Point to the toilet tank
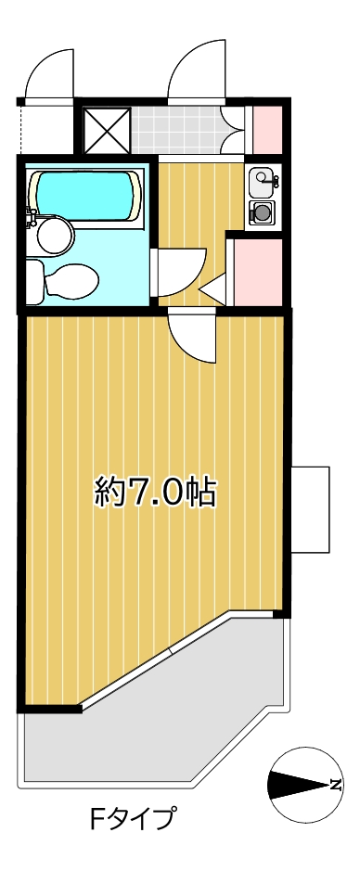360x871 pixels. pos(34,282)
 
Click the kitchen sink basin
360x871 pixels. pos(261,183)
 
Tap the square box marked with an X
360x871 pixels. pos(107,130)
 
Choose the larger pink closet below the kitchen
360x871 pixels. pos(258,272)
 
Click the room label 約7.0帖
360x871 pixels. pos(155,491)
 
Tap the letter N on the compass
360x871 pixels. pos(335,785)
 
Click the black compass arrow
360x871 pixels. pos(299,785)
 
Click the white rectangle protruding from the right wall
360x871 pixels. pos(310,510)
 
